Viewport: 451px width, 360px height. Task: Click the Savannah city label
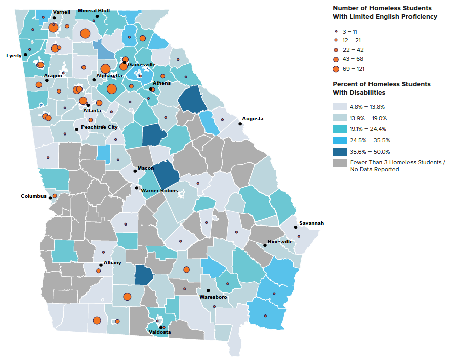pos(311,223)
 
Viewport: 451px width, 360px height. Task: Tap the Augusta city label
pos(253,119)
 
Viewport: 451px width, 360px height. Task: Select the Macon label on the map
pos(146,168)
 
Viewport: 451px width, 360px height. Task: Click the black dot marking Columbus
pos(50,197)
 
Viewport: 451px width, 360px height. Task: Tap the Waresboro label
pos(214,297)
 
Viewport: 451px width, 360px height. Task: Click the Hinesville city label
pos(280,242)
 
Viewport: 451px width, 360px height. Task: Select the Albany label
pos(112,263)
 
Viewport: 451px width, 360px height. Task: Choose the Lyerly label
pos(14,55)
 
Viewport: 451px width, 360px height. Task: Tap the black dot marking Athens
pos(150,89)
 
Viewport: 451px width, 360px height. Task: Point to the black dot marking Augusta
pos(240,124)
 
